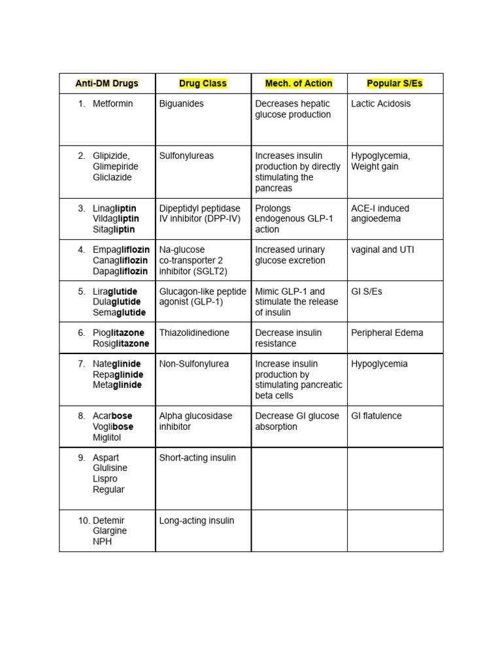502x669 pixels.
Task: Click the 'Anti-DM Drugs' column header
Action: pyautogui.click(x=107, y=84)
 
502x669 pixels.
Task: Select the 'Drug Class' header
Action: pyautogui.click(x=203, y=84)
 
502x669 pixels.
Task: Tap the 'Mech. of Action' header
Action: pyautogui.click(x=299, y=84)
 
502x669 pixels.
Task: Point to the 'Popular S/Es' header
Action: pyautogui.click(x=395, y=84)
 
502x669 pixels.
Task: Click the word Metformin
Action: pyautogui.click(x=112, y=104)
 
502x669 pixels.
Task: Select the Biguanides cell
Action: pyautogui.click(x=181, y=104)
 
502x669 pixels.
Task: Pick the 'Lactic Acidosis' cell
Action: pyautogui.click(x=380, y=104)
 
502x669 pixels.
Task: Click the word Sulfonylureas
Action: pyautogui.click(x=186, y=156)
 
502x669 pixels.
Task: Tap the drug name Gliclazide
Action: pyautogui.click(x=112, y=177)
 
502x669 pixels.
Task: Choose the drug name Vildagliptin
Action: pyautogui.click(x=116, y=219)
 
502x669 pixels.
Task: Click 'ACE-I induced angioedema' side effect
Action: pyautogui.click(x=380, y=214)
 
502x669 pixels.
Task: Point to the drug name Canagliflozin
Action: pyautogui.click(x=120, y=261)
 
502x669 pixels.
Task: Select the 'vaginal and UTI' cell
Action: pyautogui.click(x=382, y=250)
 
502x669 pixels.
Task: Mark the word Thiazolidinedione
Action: pyautogui.click(x=194, y=333)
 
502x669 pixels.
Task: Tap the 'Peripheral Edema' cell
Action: pyautogui.click(x=386, y=333)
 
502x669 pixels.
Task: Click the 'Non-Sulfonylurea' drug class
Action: pyautogui.click(x=193, y=364)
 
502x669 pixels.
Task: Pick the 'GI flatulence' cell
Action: pyautogui.click(x=376, y=416)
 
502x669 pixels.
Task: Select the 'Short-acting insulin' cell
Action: pyautogui.click(x=196, y=458)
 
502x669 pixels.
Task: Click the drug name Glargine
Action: pyautogui.click(x=110, y=531)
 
